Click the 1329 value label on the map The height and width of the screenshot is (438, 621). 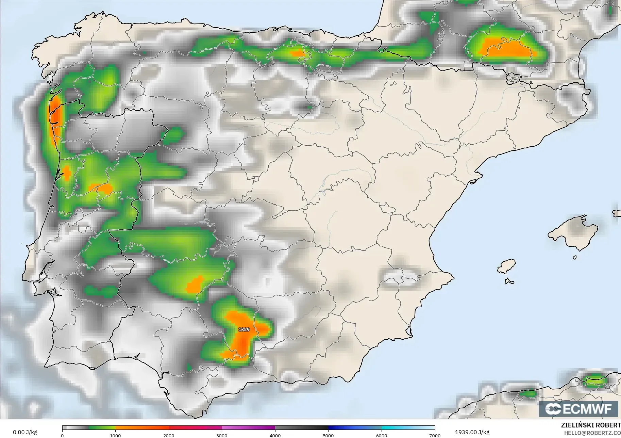[244, 329]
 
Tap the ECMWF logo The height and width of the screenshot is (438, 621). [578, 409]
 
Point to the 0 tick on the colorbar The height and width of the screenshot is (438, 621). [62, 435]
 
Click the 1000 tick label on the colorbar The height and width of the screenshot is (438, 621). [115, 435]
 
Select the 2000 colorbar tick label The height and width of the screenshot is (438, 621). [169, 435]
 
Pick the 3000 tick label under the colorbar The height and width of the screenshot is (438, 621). [222, 435]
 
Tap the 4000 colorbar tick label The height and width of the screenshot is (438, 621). [275, 435]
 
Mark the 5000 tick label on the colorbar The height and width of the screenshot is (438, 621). [328, 435]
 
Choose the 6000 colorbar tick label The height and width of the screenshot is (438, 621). [382, 435]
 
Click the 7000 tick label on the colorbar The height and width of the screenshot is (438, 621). [435, 435]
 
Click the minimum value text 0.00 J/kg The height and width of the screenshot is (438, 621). [25, 432]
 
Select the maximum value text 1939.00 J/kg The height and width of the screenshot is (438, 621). [472, 432]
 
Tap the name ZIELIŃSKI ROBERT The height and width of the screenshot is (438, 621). [591, 425]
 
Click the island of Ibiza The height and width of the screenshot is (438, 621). [506, 266]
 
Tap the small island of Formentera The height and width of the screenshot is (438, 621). [509, 281]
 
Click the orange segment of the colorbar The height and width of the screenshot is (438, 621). [142, 428]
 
